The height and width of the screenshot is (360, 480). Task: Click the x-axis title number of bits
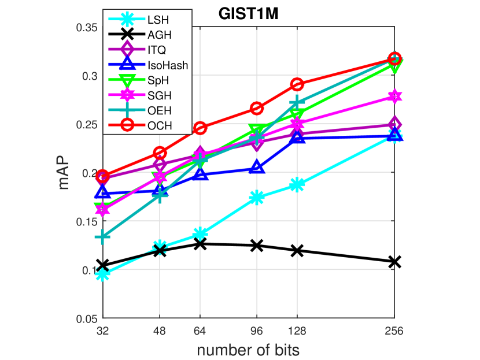coord(248,350)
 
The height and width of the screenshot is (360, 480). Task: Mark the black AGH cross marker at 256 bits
coord(394,262)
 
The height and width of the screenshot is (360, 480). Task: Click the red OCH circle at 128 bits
coord(297,84)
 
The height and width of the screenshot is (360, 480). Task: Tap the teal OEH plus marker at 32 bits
coord(103,237)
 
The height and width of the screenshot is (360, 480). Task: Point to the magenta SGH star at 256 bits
coord(394,97)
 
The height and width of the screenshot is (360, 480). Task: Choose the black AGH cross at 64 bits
coord(200,244)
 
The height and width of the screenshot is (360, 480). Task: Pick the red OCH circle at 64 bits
coord(200,128)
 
